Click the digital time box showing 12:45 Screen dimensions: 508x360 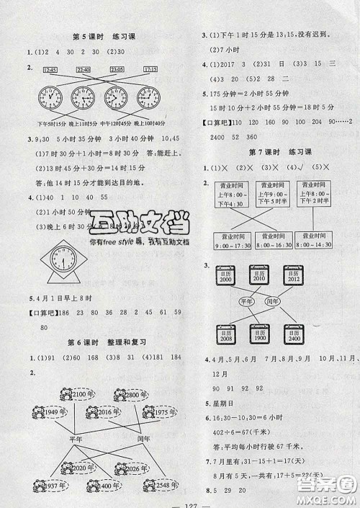point(50,69)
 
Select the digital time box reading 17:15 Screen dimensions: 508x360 point(150,69)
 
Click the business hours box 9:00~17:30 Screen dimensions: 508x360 point(232,245)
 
